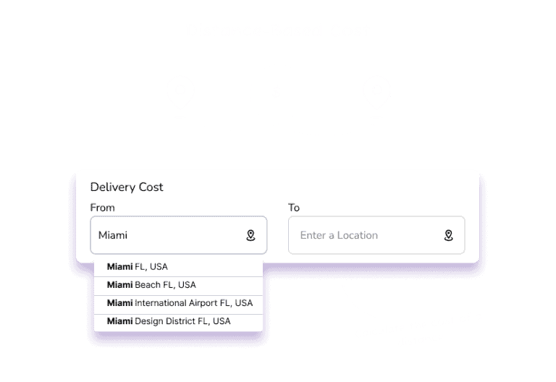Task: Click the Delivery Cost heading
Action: (x=127, y=187)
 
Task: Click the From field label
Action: (x=103, y=208)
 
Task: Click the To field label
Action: (x=294, y=208)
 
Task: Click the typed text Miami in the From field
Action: (x=113, y=235)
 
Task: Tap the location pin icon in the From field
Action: (x=250, y=235)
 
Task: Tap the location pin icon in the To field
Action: (x=449, y=235)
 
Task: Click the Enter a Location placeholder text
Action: (x=339, y=235)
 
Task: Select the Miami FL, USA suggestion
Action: (x=138, y=267)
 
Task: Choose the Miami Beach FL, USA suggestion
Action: (x=151, y=285)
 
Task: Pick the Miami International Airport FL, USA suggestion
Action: (x=180, y=303)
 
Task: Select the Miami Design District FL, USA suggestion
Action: (x=169, y=321)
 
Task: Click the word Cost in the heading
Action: (x=151, y=187)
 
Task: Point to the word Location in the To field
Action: (x=358, y=235)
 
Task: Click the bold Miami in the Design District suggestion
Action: (x=120, y=321)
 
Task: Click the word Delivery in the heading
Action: (x=113, y=187)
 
